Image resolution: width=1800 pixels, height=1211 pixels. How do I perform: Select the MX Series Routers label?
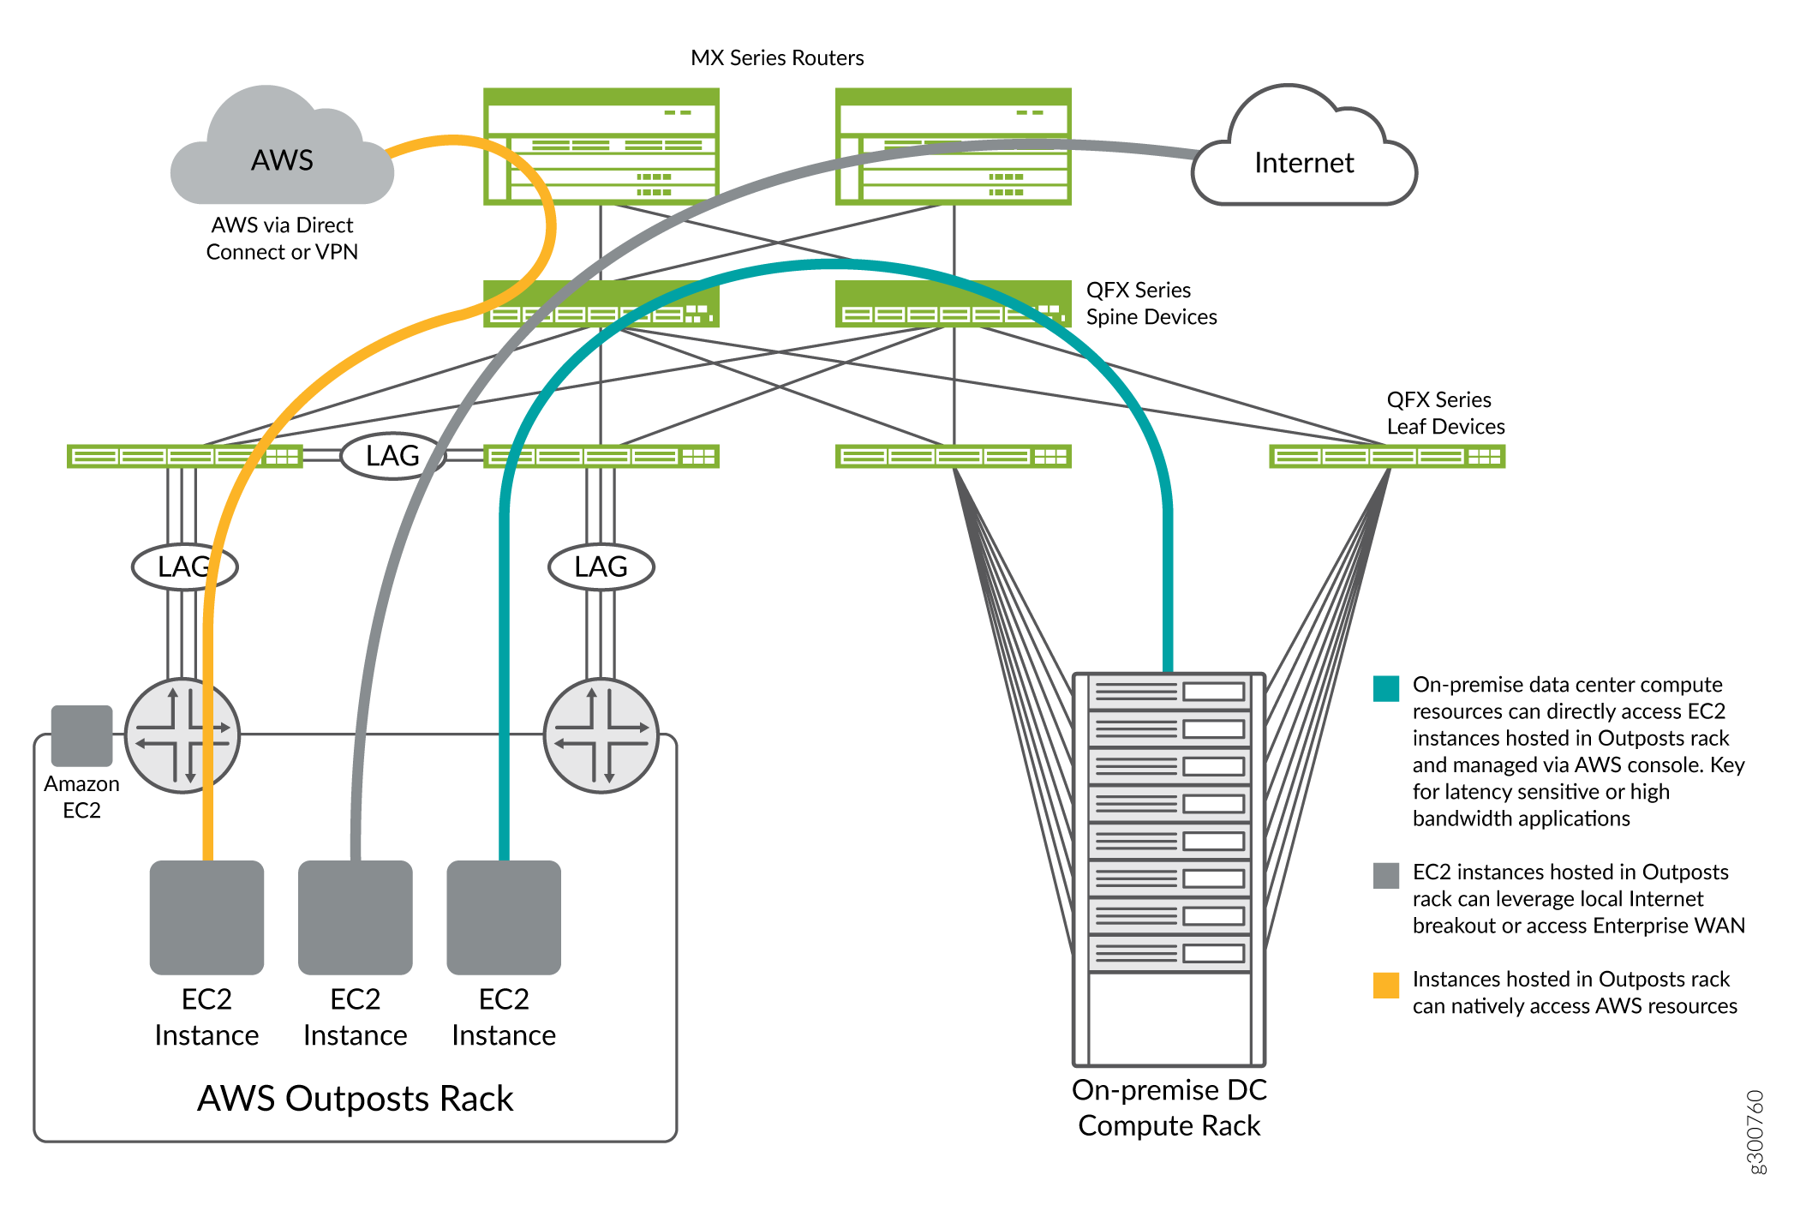pos(777,58)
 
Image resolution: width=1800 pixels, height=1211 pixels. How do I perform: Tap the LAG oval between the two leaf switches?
pos(392,456)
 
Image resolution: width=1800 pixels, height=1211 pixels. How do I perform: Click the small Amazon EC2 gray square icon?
pos(81,735)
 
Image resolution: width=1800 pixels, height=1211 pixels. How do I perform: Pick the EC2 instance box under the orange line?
pos(206,917)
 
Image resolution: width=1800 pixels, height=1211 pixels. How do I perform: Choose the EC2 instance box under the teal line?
pos(504,917)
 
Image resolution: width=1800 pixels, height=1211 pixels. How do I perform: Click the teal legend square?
pos(1385,688)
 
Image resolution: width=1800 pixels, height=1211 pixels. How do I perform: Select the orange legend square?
pos(1385,985)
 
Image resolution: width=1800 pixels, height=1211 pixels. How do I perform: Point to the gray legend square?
pos(1385,875)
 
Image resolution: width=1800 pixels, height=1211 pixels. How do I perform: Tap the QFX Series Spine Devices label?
pos(1151,303)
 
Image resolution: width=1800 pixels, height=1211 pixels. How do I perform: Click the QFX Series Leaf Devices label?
pos(1445,413)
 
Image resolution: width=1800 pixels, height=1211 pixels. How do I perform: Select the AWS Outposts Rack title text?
pos(355,1099)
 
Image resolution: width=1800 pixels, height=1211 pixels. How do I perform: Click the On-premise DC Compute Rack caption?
pos(1169,1107)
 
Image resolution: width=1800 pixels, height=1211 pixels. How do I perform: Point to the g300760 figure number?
pos(1755,1131)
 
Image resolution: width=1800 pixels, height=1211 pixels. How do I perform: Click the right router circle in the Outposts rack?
pos(601,735)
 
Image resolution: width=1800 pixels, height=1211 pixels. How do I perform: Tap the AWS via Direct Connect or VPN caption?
pos(282,238)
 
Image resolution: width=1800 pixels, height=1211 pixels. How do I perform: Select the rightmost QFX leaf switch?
pos(1386,456)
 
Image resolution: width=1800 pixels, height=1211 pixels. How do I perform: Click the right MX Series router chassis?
pos(953,147)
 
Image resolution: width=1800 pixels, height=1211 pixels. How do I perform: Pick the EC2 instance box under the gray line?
pos(355,917)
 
